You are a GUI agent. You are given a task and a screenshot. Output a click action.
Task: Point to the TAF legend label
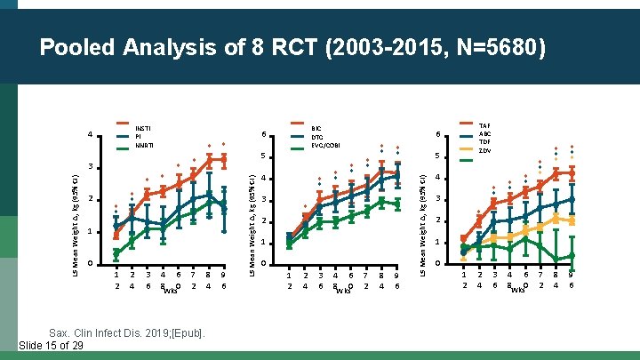click(x=484, y=127)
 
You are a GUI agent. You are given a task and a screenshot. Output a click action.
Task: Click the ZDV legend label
click(x=484, y=151)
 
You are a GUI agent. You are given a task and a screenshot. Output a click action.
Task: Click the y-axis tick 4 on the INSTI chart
click(x=90, y=135)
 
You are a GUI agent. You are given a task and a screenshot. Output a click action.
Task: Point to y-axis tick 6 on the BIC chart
click(x=264, y=135)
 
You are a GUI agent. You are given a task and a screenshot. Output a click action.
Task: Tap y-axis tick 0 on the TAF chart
click(x=437, y=264)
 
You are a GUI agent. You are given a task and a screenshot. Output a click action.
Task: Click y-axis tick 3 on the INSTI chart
click(x=90, y=167)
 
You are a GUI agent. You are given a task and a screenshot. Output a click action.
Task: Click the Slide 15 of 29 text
click(x=51, y=346)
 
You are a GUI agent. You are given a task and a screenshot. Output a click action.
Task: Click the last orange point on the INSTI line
click(x=223, y=158)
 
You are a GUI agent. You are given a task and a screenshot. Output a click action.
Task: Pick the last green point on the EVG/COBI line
click(x=397, y=204)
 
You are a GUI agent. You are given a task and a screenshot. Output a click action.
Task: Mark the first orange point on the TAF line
click(x=464, y=238)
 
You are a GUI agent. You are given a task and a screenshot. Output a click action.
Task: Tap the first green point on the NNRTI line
click(x=116, y=254)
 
